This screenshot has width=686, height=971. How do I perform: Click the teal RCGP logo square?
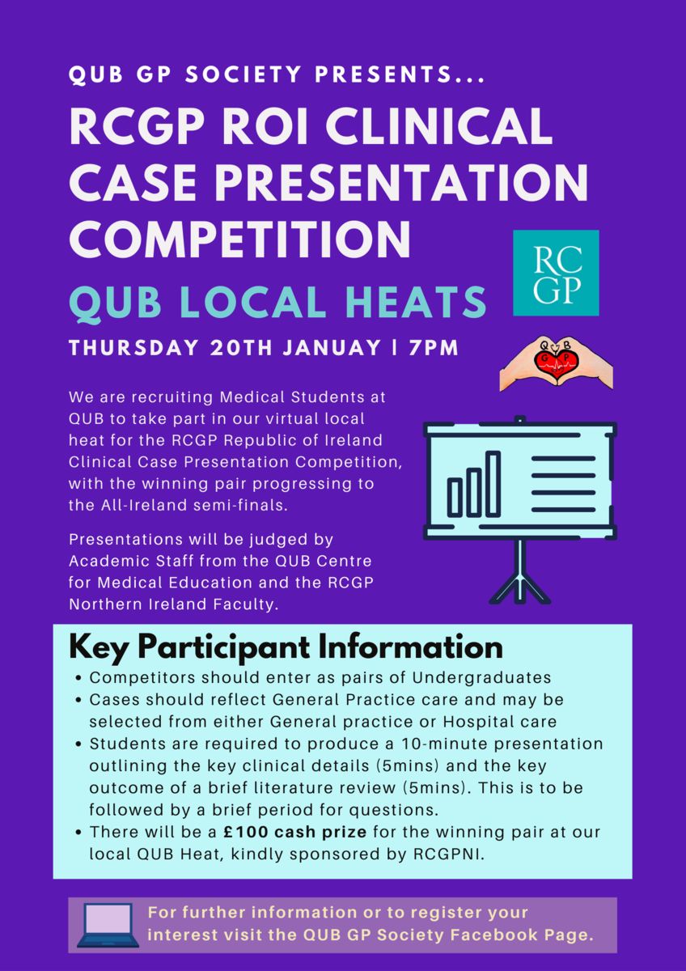(x=556, y=273)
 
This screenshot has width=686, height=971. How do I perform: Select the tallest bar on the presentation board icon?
(x=493, y=484)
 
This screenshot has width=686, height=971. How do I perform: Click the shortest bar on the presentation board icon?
(x=455, y=498)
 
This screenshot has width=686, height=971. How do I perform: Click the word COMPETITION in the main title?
(x=239, y=240)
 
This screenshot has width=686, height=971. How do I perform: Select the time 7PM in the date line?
(x=434, y=348)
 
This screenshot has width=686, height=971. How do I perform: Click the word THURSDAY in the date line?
(x=133, y=348)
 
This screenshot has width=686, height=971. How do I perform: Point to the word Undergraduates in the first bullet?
(x=481, y=677)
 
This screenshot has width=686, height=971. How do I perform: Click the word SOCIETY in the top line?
(x=243, y=74)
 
